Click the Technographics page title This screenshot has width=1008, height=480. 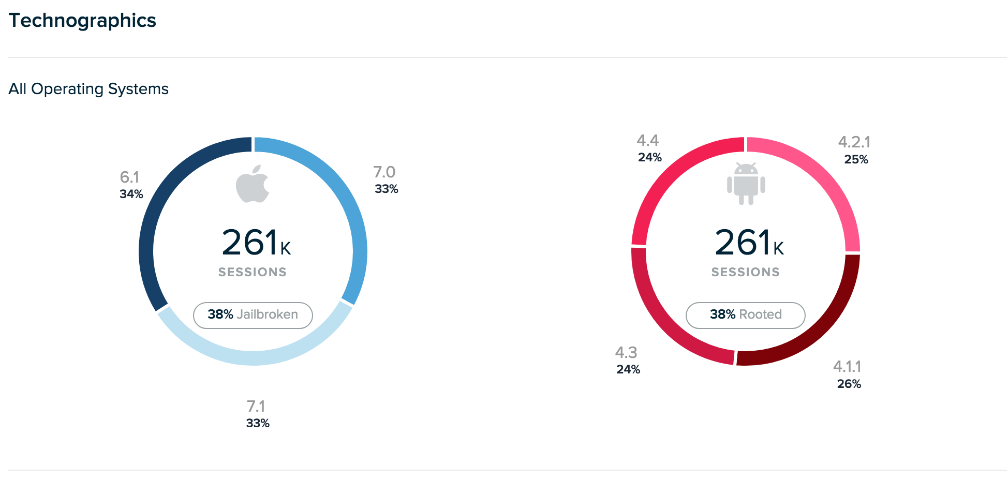coord(82,21)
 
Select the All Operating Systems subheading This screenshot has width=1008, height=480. coord(88,89)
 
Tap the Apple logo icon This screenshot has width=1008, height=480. coord(253,184)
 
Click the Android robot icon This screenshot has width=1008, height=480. coord(746,184)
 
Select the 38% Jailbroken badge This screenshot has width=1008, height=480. coord(253,315)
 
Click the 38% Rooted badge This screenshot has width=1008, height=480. coord(746,315)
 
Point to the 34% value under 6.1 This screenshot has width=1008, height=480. coord(131,194)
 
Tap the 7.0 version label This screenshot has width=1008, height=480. coord(384,172)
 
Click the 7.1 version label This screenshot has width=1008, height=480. coord(256,406)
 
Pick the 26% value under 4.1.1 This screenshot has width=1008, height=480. coord(849,384)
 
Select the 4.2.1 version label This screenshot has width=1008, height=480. coord(854,142)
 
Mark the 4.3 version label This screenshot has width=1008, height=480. coord(626,353)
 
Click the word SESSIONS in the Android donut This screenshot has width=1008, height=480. coord(746,272)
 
